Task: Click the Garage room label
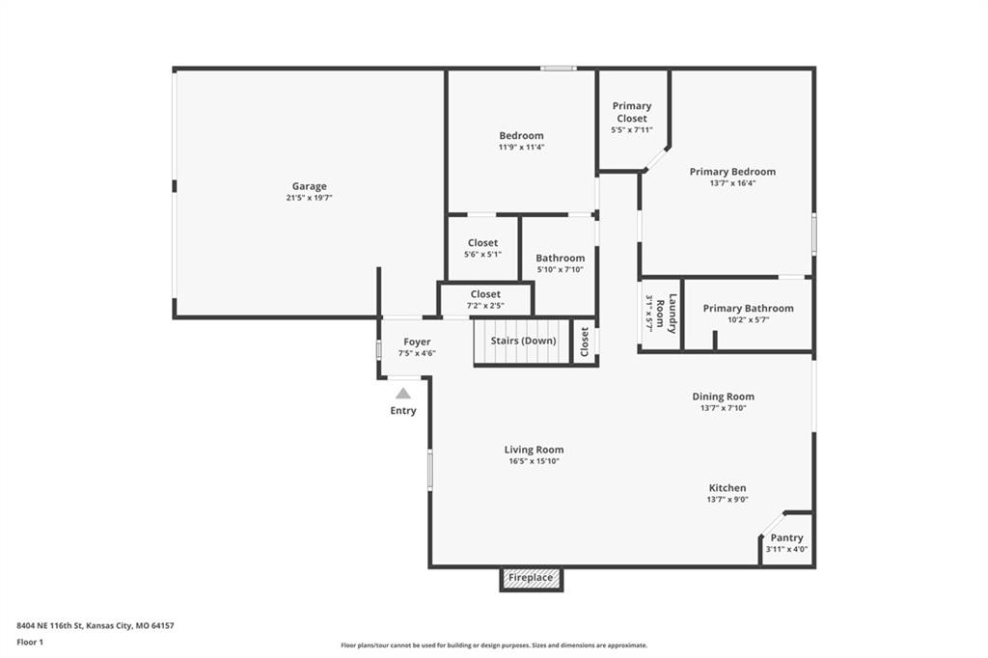point(310,186)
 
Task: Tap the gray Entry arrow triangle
point(403,394)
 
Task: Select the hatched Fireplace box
point(532,578)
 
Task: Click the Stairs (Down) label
point(523,341)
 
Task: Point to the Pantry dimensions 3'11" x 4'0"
point(786,549)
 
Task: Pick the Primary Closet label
point(632,112)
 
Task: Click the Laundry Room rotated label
point(666,314)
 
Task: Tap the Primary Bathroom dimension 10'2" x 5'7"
point(748,319)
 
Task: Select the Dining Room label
point(724,397)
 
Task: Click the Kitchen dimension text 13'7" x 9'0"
point(727,499)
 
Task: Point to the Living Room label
point(534,450)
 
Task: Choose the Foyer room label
point(417,342)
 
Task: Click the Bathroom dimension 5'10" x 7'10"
point(561,269)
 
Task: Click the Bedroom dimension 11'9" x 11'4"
point(521,147)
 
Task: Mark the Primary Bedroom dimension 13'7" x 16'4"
point(733,183)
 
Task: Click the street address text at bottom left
point(96,626)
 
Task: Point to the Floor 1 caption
point(30,643)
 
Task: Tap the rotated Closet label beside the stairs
point(584,341)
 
